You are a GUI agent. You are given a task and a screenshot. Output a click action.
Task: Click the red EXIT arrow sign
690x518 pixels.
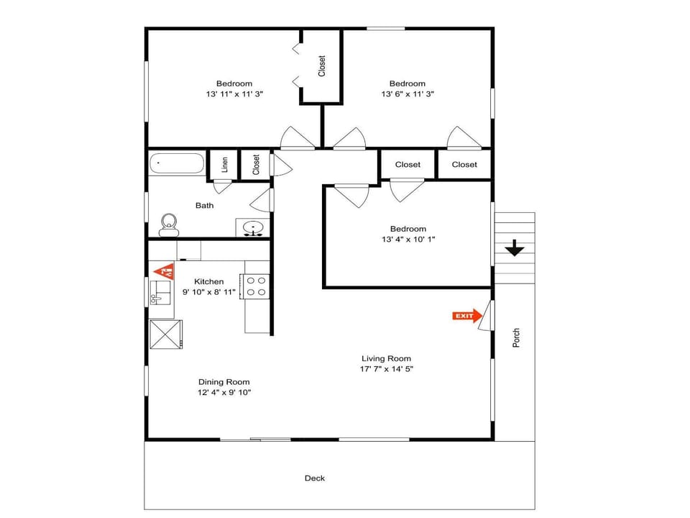tap(467, 316)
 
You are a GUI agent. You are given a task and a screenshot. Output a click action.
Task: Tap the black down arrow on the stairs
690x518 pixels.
tap(515, 248)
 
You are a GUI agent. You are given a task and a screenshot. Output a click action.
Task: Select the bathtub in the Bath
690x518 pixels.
tap(177, 163)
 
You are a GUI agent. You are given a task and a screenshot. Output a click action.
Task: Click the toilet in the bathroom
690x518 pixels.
tap(168, 225)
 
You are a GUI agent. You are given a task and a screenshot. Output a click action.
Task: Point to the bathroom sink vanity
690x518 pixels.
tap(252, 228)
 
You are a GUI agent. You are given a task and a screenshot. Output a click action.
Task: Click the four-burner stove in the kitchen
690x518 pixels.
tap(254, 286)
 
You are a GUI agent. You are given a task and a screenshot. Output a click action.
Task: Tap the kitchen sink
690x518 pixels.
tap(160, 293)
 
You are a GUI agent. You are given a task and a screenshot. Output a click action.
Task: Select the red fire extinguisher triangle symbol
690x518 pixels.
tap(164, 271)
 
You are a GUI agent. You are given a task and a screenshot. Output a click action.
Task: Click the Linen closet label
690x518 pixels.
tap(225, 164)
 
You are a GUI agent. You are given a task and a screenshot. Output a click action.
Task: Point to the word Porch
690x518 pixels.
tap(517, 338)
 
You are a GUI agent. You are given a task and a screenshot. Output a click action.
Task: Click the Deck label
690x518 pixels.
tap(315, 478)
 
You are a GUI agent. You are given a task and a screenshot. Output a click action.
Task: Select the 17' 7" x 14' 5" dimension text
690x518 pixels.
tap(387, 369)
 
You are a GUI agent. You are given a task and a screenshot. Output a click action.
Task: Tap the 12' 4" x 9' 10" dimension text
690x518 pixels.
tap(224, 393)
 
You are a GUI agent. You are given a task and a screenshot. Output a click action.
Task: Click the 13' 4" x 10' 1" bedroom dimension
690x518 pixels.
tap(408, 239)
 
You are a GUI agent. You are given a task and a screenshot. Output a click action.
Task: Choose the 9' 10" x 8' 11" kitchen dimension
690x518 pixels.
tap(209, 291)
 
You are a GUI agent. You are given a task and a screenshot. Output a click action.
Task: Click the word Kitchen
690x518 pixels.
tap(209, 281)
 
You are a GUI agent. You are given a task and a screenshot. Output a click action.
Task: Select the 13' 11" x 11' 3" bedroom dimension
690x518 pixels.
tap(234, 94)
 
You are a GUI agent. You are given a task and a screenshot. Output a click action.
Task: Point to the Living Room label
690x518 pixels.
tap(387, 358)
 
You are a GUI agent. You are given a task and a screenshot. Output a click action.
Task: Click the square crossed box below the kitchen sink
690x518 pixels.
tap(166, 335)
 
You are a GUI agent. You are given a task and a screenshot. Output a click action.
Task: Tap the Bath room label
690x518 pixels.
tap(205, 205)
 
